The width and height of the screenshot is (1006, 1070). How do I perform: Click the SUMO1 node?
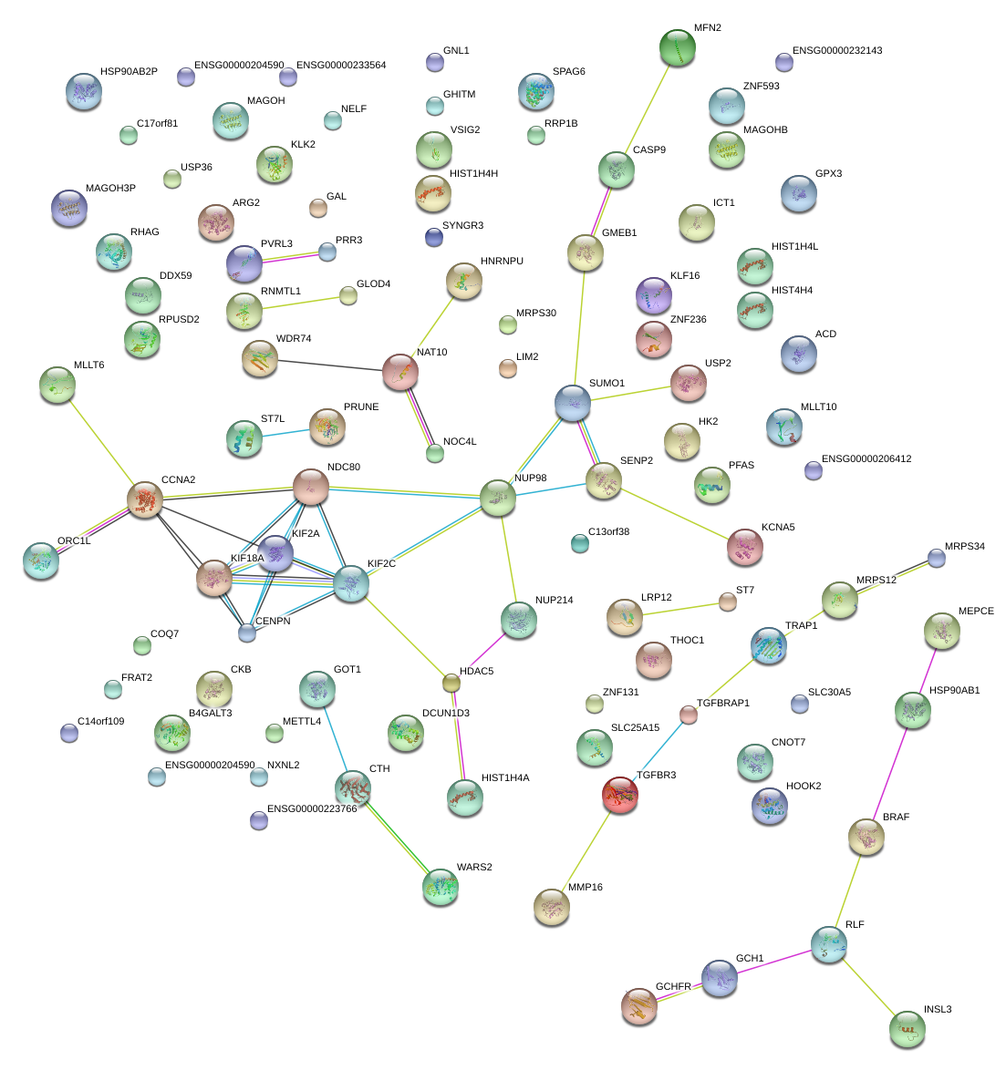tap(573, 403)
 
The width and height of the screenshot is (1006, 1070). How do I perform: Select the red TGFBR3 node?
tap(620, 795)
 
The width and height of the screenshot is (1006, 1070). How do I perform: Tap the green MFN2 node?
tap(677, 47)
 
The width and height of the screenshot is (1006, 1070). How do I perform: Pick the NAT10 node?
tap(399, 372)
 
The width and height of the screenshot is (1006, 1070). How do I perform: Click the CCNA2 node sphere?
tap(144, 500)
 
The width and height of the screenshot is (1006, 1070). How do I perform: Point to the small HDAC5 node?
tap(451, 682)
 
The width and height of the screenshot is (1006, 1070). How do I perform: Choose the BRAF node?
tap(866, 837)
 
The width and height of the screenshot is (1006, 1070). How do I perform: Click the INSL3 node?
tap(907, 1028)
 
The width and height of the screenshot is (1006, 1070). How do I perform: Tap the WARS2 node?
tap(441, 887)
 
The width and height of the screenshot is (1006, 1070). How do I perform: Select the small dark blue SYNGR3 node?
tap(434, 237)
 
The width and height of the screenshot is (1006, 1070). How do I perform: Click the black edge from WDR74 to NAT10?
tap(329, 365)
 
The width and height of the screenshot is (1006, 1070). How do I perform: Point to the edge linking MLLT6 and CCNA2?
tap(100, 442)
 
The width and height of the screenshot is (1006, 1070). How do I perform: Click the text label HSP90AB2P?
tap(129, 72)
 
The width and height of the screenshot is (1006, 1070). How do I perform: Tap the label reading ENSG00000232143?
tap(836, 51)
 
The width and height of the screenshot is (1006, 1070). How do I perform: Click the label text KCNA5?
tap(778, 528)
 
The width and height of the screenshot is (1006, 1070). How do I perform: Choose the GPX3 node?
tap(798, 192)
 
